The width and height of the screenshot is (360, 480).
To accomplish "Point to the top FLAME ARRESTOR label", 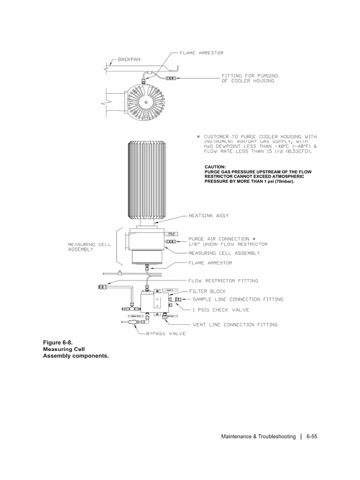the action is pos(202,53).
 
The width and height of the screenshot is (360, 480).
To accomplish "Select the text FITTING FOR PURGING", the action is pos(247,75).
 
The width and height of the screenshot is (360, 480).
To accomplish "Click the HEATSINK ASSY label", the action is pos(208,216).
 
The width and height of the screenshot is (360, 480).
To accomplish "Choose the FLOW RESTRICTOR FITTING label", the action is pos(224,281).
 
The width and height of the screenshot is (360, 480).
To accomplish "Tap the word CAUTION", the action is pos(215,166).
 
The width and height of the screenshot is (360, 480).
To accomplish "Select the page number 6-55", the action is pos(312,436).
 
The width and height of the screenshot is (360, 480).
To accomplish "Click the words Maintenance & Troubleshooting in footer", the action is pos(258,436).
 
